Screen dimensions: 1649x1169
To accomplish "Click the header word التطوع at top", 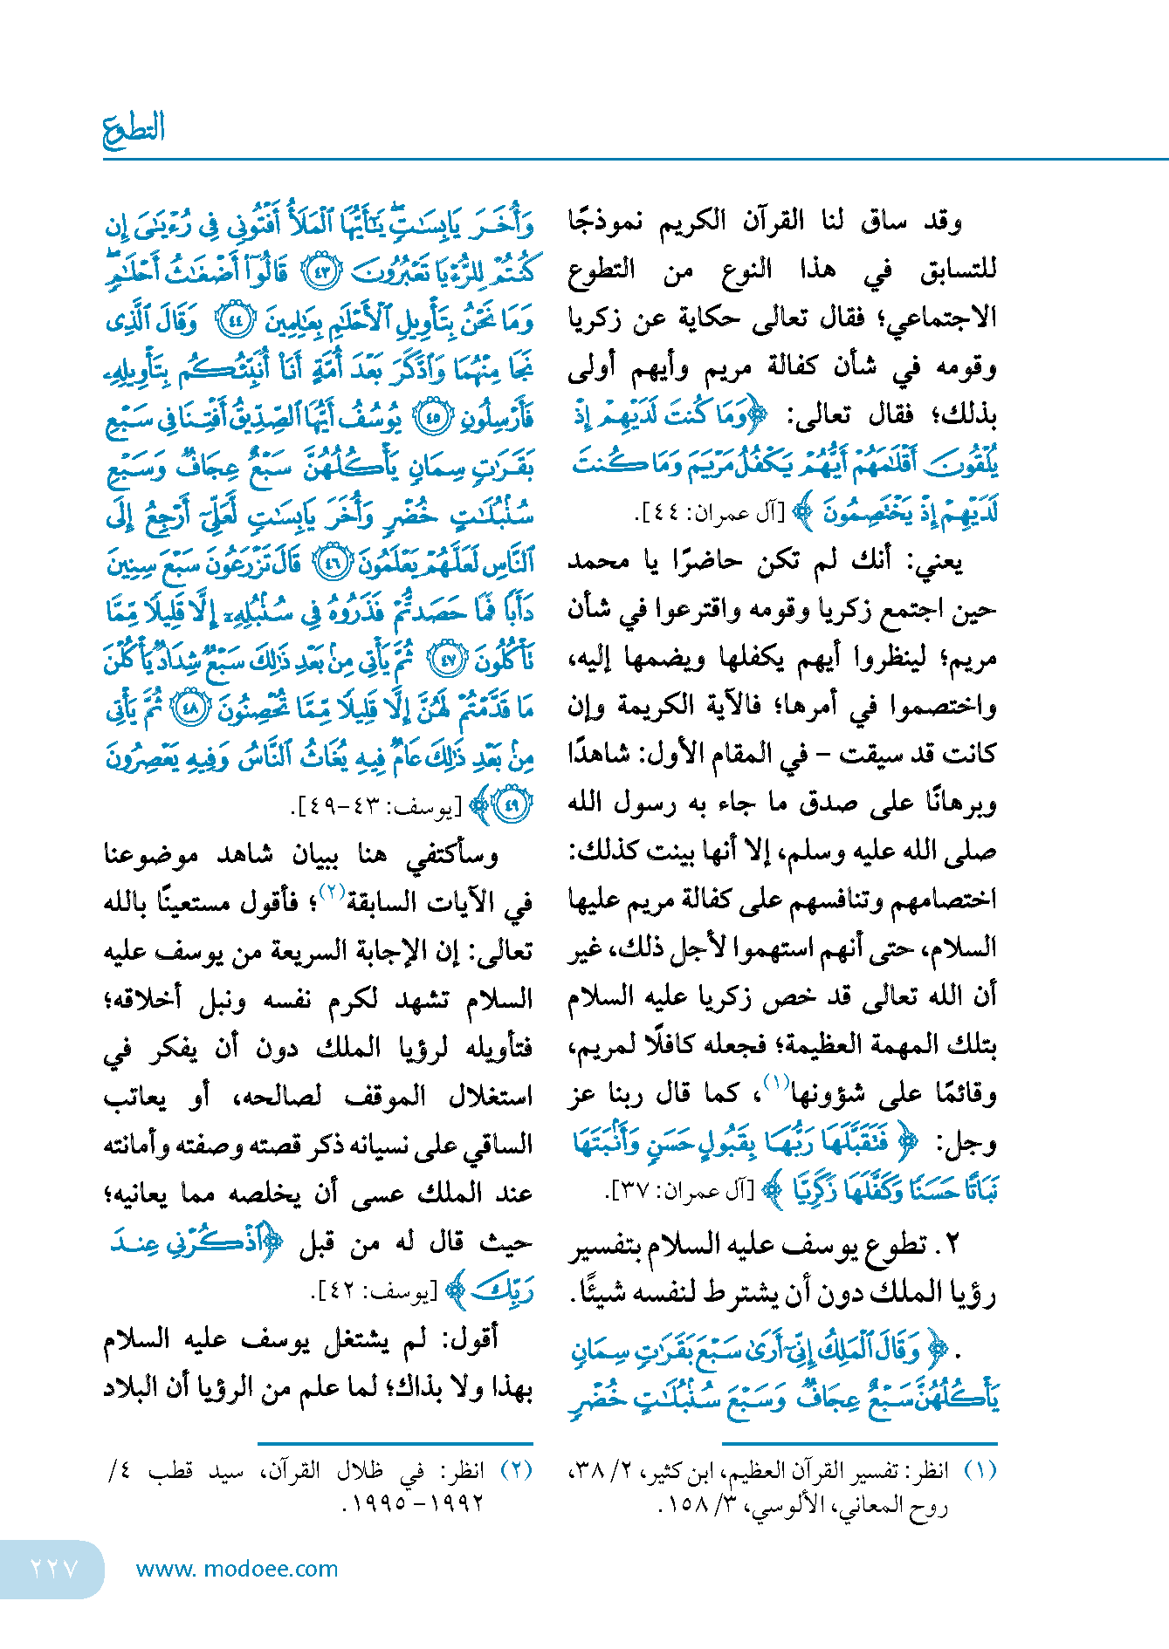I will tap(134, 130).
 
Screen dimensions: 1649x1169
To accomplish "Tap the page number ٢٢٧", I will tap(54, 1568).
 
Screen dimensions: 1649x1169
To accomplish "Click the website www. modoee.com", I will tap(237, 1569).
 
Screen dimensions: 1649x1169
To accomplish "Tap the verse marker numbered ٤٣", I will tap(320, 271).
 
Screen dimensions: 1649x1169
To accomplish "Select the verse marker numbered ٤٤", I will tap(234, 320).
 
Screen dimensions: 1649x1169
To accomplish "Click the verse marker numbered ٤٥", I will tap(432, 418).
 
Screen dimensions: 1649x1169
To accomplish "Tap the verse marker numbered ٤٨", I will tap(188, 708).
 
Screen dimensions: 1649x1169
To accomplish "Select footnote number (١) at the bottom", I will tap(979, 1470).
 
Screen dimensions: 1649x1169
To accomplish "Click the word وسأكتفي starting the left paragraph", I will tap(451, 854).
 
